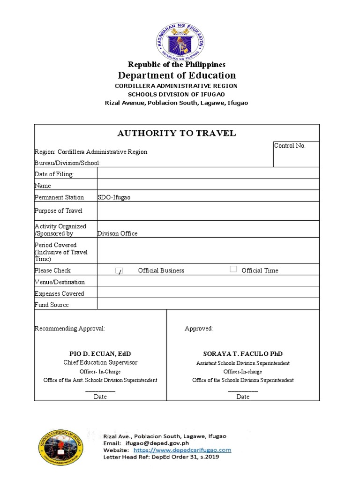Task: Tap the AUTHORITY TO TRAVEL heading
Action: [176, 134]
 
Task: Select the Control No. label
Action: [290, 146]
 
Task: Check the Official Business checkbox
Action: [120, 270]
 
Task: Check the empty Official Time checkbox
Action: [233, 269]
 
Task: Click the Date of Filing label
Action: [54, 174]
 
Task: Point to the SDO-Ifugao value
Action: [114, 197]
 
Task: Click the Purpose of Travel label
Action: [58, 211]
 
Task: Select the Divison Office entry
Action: [117, 233]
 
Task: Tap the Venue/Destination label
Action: [60, 282]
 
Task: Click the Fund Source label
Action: [52, 305]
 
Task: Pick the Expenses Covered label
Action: [59, 293]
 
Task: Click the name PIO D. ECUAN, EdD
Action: [100, 353]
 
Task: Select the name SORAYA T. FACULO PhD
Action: [243, 353]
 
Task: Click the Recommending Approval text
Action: [69, 329]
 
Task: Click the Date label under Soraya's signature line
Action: [243, 397]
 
